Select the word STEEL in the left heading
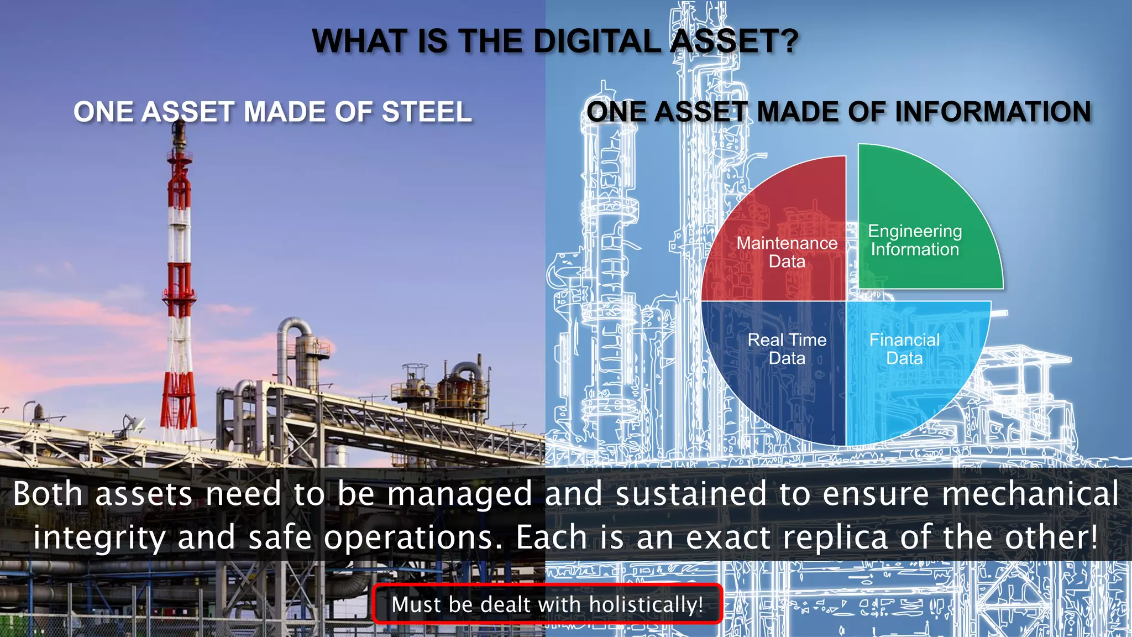(427, 112)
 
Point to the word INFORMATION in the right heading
(993, 112)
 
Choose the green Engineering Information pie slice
(929, 194)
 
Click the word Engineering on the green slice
(915, 231)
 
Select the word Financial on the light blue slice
(904, 340)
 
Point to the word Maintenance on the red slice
(787, 243)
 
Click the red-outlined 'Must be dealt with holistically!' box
(547, 604)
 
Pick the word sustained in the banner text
(691, 494)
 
